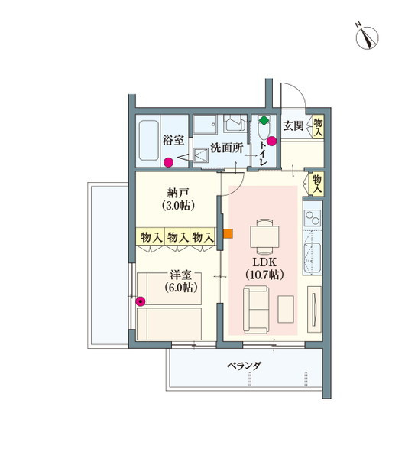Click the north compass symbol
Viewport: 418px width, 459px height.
click(367, 37)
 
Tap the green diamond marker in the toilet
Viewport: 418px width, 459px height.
click(264, 120)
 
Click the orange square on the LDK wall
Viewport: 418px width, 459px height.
click(228, 233)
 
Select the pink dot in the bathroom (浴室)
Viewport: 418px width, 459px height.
click(168, 162)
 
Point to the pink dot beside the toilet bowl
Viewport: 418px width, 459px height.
click(272, 141)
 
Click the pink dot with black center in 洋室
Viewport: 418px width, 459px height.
click(141, 301)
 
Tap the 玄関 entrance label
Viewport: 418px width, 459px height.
click(293, 126)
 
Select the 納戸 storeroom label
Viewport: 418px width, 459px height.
click(178, 194)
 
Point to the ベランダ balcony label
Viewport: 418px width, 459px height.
click(244, 366)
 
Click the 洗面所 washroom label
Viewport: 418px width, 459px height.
click(227, 148)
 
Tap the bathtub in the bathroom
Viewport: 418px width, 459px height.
click(149, 141)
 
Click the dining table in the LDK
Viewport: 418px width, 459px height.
click(264, 236)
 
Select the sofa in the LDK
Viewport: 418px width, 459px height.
click(256, 310)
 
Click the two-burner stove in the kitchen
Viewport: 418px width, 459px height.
click(312, 217)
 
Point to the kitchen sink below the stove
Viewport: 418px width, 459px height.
click(312, 255)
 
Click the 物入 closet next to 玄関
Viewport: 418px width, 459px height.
click(318, 126)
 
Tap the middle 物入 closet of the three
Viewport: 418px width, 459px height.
click(177, 237)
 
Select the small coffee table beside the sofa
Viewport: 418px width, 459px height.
click(286, 309)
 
